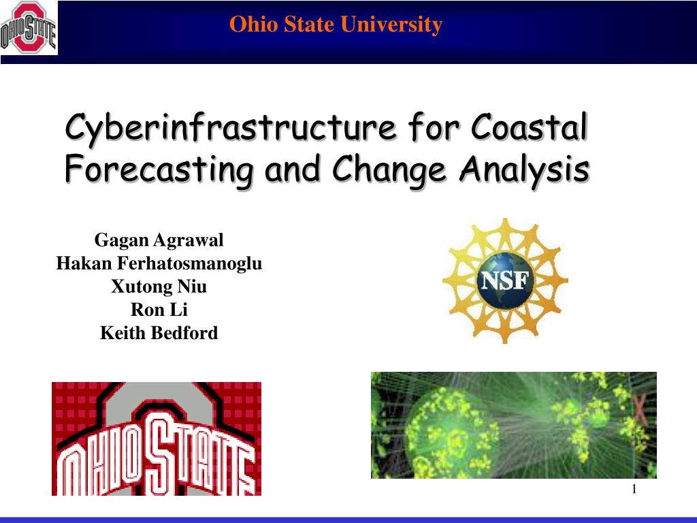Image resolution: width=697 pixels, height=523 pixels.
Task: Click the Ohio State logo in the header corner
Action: pos(29,27)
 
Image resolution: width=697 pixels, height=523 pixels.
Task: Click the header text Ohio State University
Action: pos(336,25)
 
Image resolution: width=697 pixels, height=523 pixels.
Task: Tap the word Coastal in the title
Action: pos(530,127)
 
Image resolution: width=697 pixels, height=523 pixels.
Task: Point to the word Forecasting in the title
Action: pos(159,170)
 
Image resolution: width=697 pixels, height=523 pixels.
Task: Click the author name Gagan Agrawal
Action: pos(159,240)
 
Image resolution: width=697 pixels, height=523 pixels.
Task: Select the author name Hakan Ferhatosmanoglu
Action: pos(159,264)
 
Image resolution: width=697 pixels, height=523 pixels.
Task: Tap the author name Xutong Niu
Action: pos(159,287)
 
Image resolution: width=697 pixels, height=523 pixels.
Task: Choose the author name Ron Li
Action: pos(159,310)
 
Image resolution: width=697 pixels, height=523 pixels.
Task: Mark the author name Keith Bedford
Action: pos(159,333)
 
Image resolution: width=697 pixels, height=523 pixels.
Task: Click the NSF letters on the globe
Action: pos(505,281)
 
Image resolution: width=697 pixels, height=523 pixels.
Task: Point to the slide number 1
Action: pos(634,489)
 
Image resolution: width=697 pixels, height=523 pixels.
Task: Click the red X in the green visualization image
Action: pos(639,410)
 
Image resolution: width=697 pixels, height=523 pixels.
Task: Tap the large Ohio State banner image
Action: pos(157,439)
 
